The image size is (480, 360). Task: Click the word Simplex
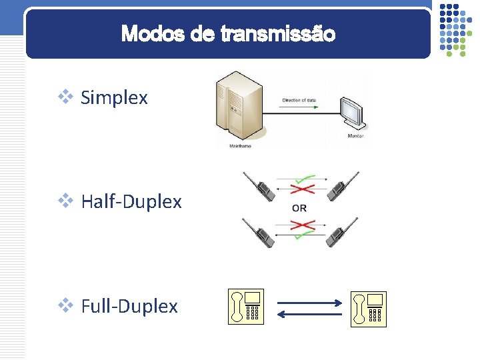tap(114, 98)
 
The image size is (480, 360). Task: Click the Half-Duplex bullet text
tap(131, 201)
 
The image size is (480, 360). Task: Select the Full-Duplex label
tap(129, 306)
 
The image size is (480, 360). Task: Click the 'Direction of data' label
tap(299, 101)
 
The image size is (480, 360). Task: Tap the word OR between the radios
tap(299, 208)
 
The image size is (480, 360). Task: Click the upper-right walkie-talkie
tap(342, 186)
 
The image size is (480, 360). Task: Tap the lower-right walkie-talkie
tap(342, 231)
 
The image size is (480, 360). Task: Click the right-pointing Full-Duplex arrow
tap(309, 303)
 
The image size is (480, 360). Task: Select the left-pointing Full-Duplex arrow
tap(309, 314)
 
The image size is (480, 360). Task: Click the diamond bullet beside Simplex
tap(66, 97)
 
